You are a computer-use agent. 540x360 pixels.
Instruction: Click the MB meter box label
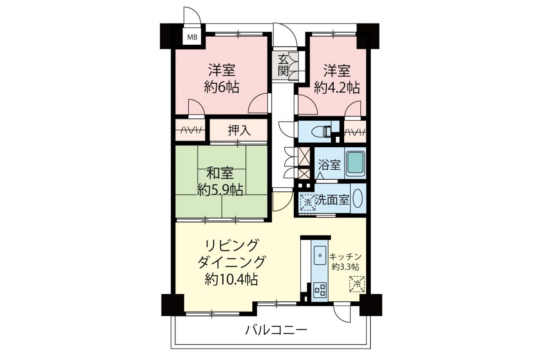192,38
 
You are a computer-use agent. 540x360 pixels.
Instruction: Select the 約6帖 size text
221,87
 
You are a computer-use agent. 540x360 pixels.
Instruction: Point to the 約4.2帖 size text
337,87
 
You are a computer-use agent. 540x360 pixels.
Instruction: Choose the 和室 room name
220,173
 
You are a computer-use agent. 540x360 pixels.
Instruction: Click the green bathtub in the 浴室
355,163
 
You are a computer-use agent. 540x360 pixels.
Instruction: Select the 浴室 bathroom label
329,165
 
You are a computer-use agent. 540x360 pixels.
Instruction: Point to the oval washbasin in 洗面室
357,198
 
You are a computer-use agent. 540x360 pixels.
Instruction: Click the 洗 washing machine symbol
308,202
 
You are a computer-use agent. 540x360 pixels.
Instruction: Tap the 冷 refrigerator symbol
357,284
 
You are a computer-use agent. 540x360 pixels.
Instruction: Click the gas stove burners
320,290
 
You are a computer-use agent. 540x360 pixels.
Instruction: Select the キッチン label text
345,257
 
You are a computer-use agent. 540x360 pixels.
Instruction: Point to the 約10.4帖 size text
231,280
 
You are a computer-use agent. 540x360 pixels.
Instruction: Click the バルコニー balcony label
276,330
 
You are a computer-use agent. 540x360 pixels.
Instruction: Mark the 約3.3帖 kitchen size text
345,267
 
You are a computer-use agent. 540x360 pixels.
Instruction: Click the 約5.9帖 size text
220,190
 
